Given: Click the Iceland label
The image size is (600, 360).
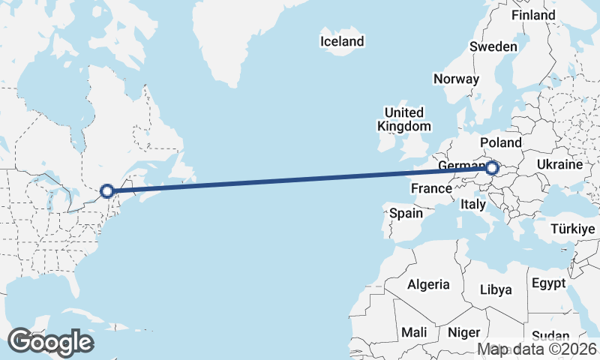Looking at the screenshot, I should pos(341,41).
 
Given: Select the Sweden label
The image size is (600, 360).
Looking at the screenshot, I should pos(493,46).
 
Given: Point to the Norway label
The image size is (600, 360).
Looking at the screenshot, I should pos(456,79).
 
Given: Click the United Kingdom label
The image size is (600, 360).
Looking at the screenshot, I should pos(404,119).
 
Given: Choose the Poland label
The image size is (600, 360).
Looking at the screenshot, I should pos(500,142).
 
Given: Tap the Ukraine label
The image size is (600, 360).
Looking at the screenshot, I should pos(559,164).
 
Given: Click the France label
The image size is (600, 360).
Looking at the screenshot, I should pos(431,189).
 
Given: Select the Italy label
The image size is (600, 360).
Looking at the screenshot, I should pos(473,204).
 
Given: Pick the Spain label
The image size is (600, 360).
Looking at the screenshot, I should pos(406,213).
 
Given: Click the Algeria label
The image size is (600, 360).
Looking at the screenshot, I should pos(428,284).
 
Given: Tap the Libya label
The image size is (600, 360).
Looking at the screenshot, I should pos(495,289).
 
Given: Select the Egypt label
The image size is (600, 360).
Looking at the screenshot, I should pos(548,283).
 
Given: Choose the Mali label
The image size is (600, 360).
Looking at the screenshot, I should pos(414,331).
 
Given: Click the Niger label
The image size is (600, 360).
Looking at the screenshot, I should pos(463,331).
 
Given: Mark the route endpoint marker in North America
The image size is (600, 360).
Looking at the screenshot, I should pos(107,191).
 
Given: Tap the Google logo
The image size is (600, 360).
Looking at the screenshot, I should pos(50,342).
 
